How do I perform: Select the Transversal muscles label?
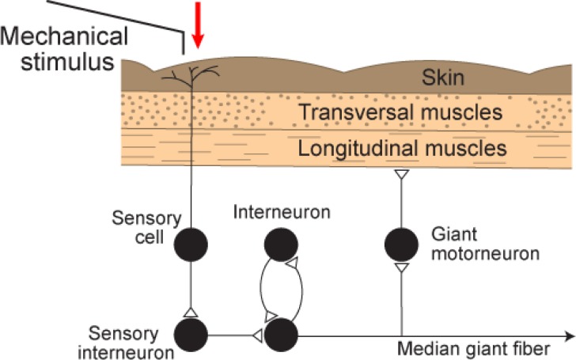(400, 112)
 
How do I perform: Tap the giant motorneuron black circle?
(401, 244)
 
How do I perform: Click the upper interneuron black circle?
(281, 244)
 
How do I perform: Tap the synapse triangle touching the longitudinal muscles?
(400, 174)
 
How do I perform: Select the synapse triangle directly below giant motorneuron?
(401, 270)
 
